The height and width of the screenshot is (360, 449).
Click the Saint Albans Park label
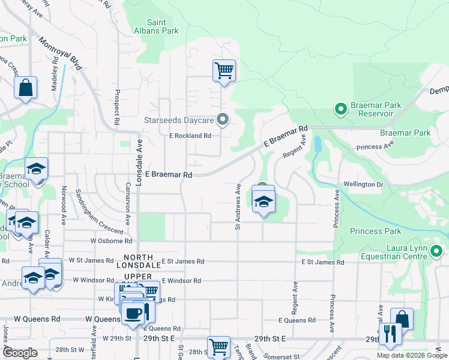point(163,26)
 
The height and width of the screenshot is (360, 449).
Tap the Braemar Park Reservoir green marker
point(341,109)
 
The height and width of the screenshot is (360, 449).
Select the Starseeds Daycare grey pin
point(223,119)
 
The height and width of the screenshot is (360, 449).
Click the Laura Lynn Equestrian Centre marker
point(436,251)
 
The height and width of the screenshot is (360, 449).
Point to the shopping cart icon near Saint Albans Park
point(224,70)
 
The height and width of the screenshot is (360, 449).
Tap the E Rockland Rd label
point(190,136)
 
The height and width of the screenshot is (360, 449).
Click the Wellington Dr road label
point(363,184)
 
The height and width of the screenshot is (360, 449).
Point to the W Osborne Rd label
point(111,241)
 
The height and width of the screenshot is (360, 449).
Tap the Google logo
point(20,353)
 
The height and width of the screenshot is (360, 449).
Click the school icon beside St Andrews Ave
point(263,203)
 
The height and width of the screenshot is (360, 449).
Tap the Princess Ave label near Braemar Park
point(375,146)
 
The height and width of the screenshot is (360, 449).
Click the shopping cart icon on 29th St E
point(218,347)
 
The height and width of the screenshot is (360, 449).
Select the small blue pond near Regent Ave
point(317,144)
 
